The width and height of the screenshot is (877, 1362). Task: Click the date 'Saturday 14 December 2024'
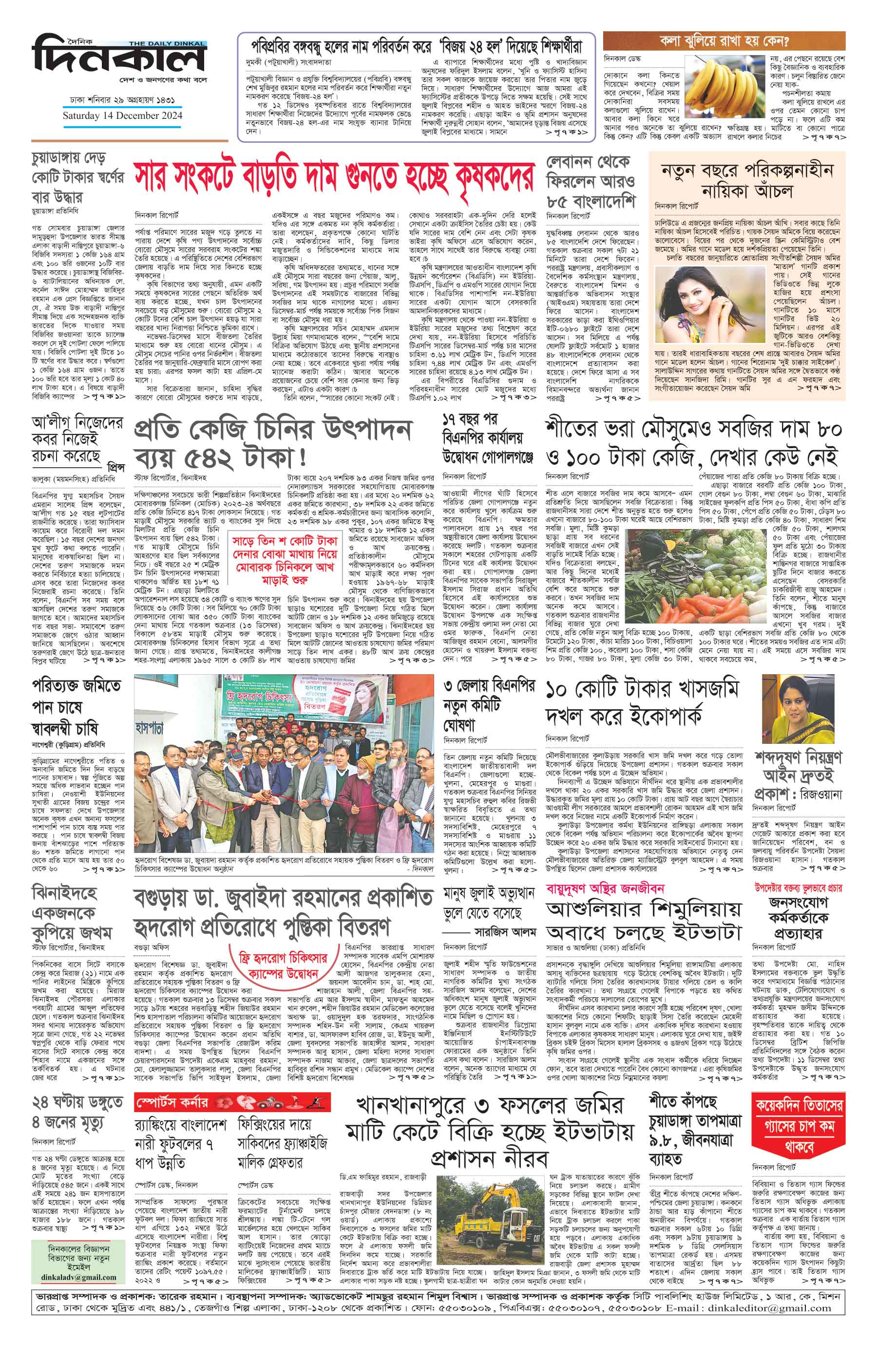tap(122, 115)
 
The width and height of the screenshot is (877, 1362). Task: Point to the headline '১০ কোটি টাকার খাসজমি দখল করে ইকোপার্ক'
tap(642, 702)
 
